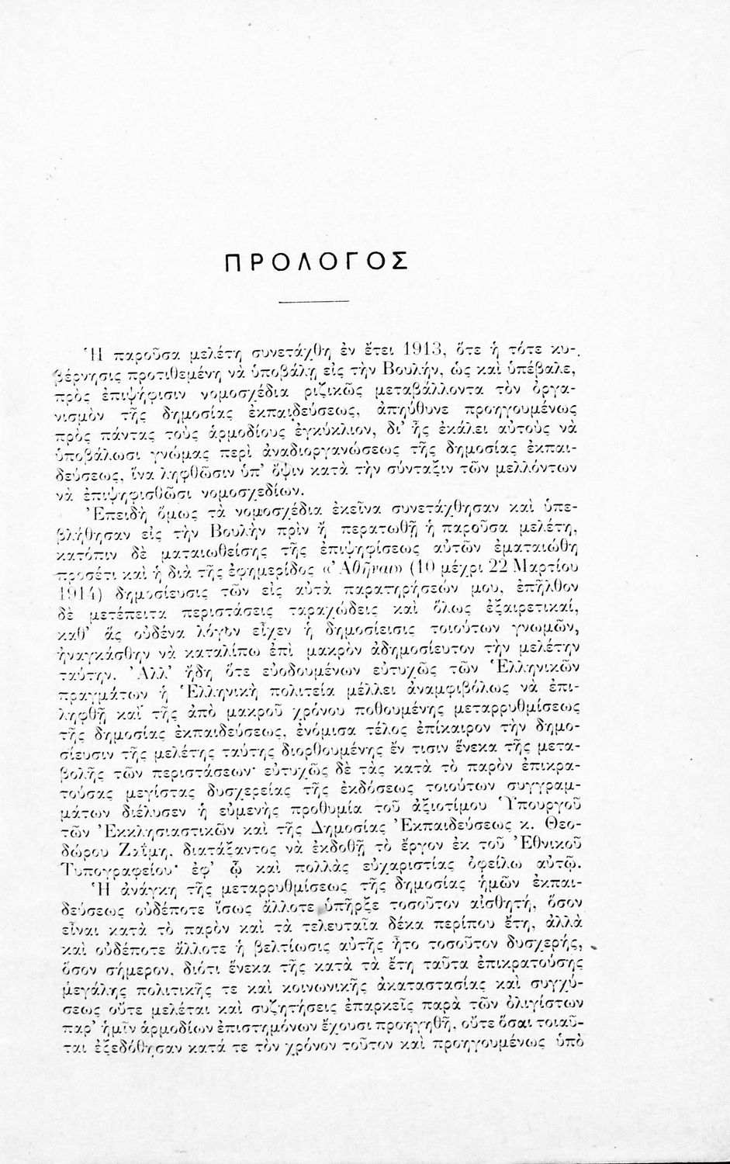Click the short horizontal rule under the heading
click(321, 300)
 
